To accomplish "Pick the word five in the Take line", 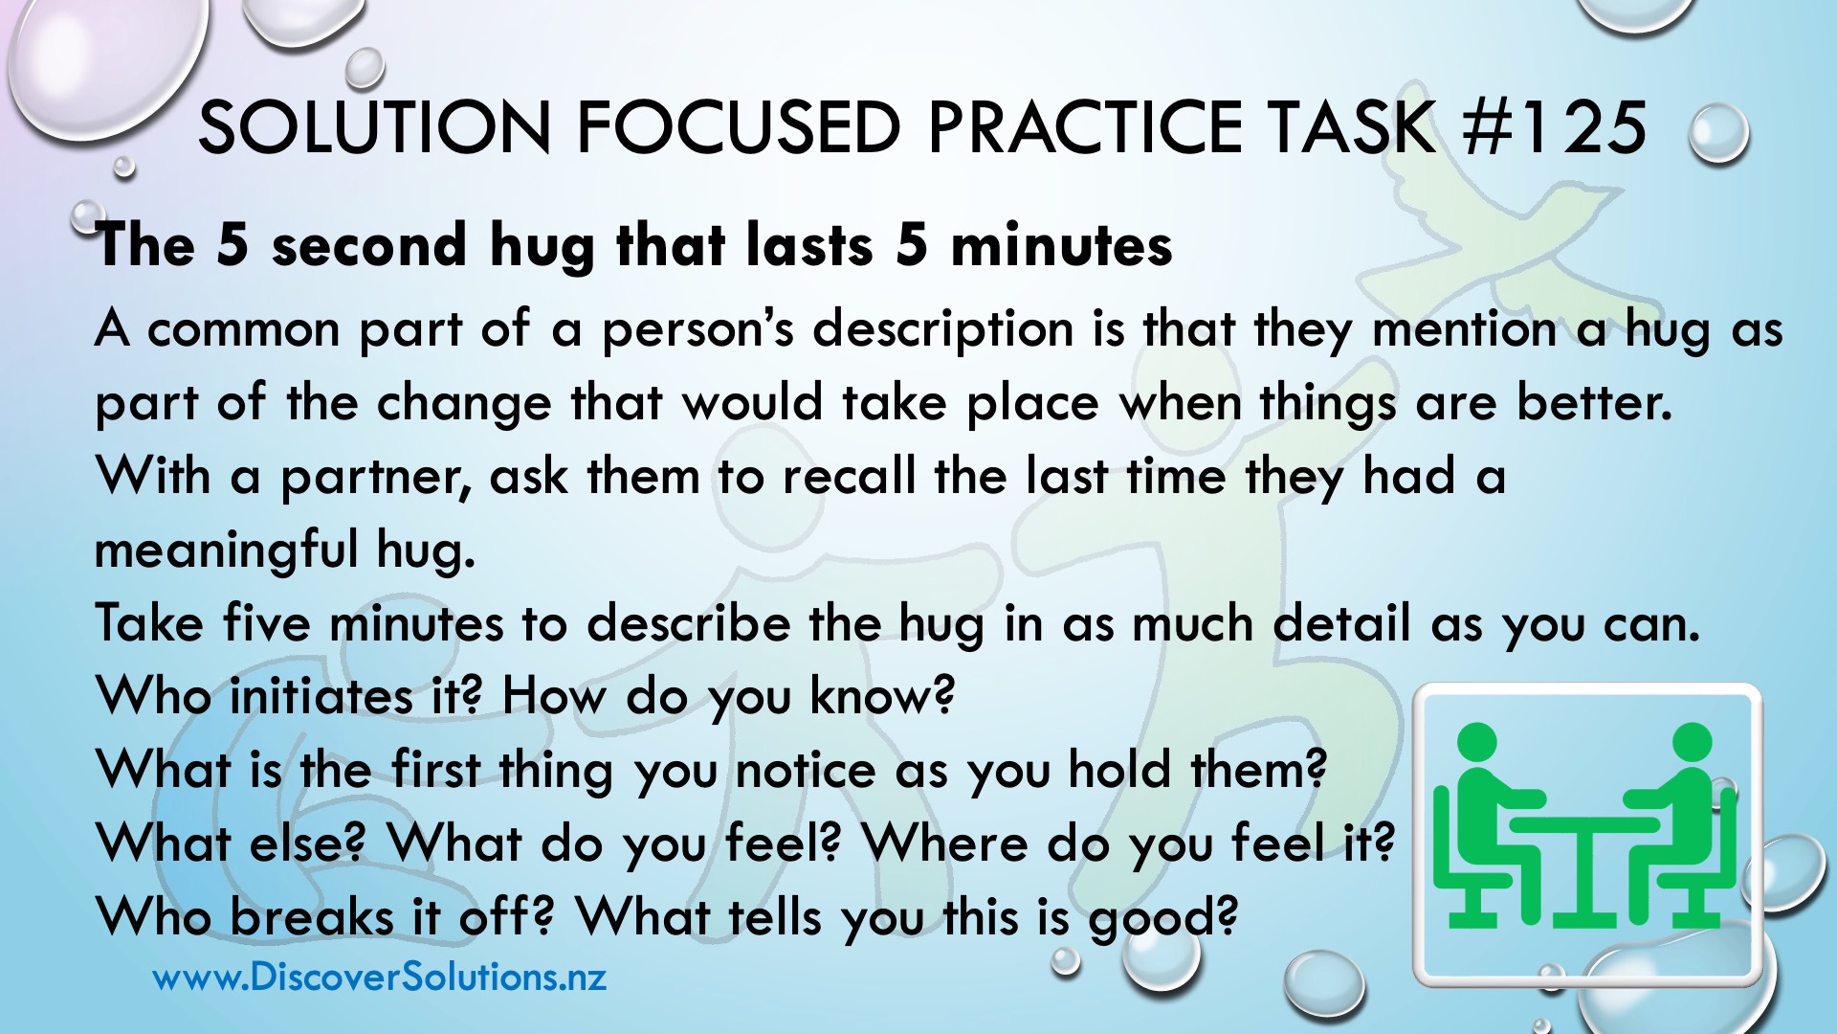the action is (x=267, y=623).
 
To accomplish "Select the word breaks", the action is (x=312, y=917).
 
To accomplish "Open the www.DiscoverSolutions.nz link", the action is (x=380, y=978).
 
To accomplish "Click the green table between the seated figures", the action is (x=1583, y=866).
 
